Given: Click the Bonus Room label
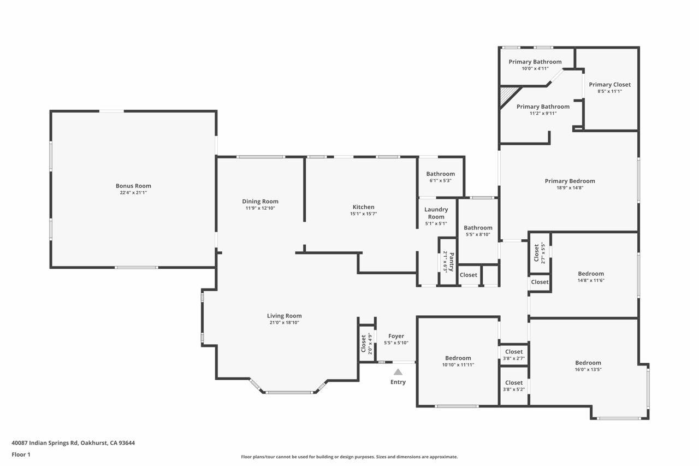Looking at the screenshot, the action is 133,186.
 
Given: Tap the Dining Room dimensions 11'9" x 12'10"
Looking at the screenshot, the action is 260,208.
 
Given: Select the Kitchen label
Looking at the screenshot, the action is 364,207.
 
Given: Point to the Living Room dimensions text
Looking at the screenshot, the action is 285,322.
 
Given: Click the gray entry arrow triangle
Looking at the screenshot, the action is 398,371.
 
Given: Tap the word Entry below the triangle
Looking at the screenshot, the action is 398,382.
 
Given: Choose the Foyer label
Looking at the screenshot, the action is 396,336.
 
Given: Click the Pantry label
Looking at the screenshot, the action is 452,262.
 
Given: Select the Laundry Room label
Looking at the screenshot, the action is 436,213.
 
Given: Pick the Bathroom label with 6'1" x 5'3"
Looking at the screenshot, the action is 440,174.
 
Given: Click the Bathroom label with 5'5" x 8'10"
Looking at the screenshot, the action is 478,228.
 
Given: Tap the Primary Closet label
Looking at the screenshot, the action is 609,85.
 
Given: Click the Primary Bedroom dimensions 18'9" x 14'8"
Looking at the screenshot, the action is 570,188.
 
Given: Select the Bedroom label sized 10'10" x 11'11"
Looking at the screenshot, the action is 458,358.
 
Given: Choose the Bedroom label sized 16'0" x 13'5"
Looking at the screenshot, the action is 588,363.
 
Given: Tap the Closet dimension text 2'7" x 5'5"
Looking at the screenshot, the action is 543,253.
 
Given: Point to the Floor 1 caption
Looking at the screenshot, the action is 21,455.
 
